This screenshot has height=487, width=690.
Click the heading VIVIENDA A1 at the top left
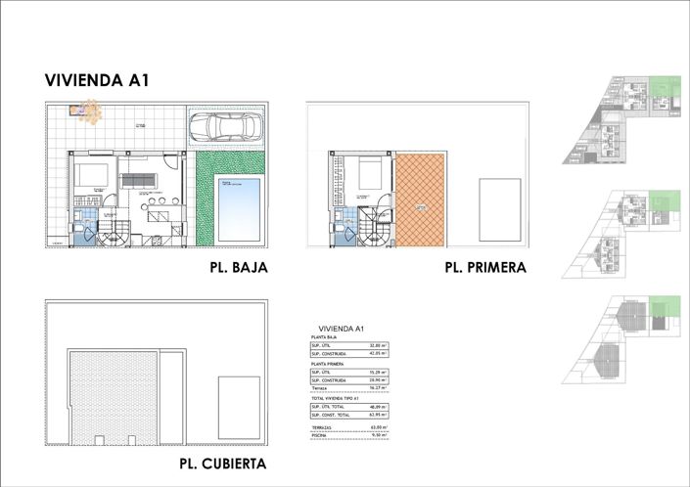tap(96, 81)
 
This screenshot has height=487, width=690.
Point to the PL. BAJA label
tap(238, 267)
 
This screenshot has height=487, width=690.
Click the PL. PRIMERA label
tap(485, 267)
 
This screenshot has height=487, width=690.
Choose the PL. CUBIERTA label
tap(222, 464)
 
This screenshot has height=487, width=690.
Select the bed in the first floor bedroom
tap(371, 174)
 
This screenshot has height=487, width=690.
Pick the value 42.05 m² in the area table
tap(377, 354)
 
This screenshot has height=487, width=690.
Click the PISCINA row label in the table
tap(320, 436)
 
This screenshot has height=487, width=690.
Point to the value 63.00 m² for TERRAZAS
tap(377, 427)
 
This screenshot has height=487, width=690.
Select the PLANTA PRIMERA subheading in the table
tap(327, 363)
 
